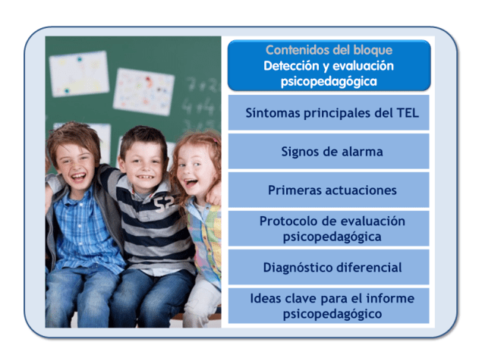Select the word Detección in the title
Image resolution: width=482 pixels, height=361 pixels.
coord(291,66)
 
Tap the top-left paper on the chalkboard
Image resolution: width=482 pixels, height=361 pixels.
coord(80,74)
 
